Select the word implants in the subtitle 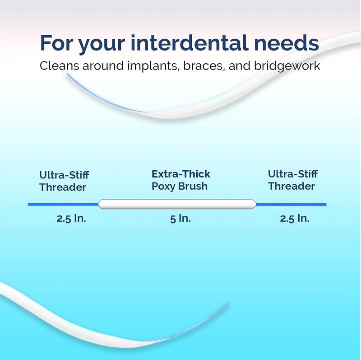pyautogui.click(x=141, y=66)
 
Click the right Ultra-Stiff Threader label pyautogui.click(x=292, y=180)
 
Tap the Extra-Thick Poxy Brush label pyautogui.click(x=180, y=180)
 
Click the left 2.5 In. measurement pyautogui.click(x=71, y=219)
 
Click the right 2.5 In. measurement pyautogui.click(x=294, y=219)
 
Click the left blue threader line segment pyautogui.click(x=63, y=204)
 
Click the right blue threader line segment pyautogui.click(x=291, y=204)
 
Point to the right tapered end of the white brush pyautogui.click(x=253, y=204)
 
